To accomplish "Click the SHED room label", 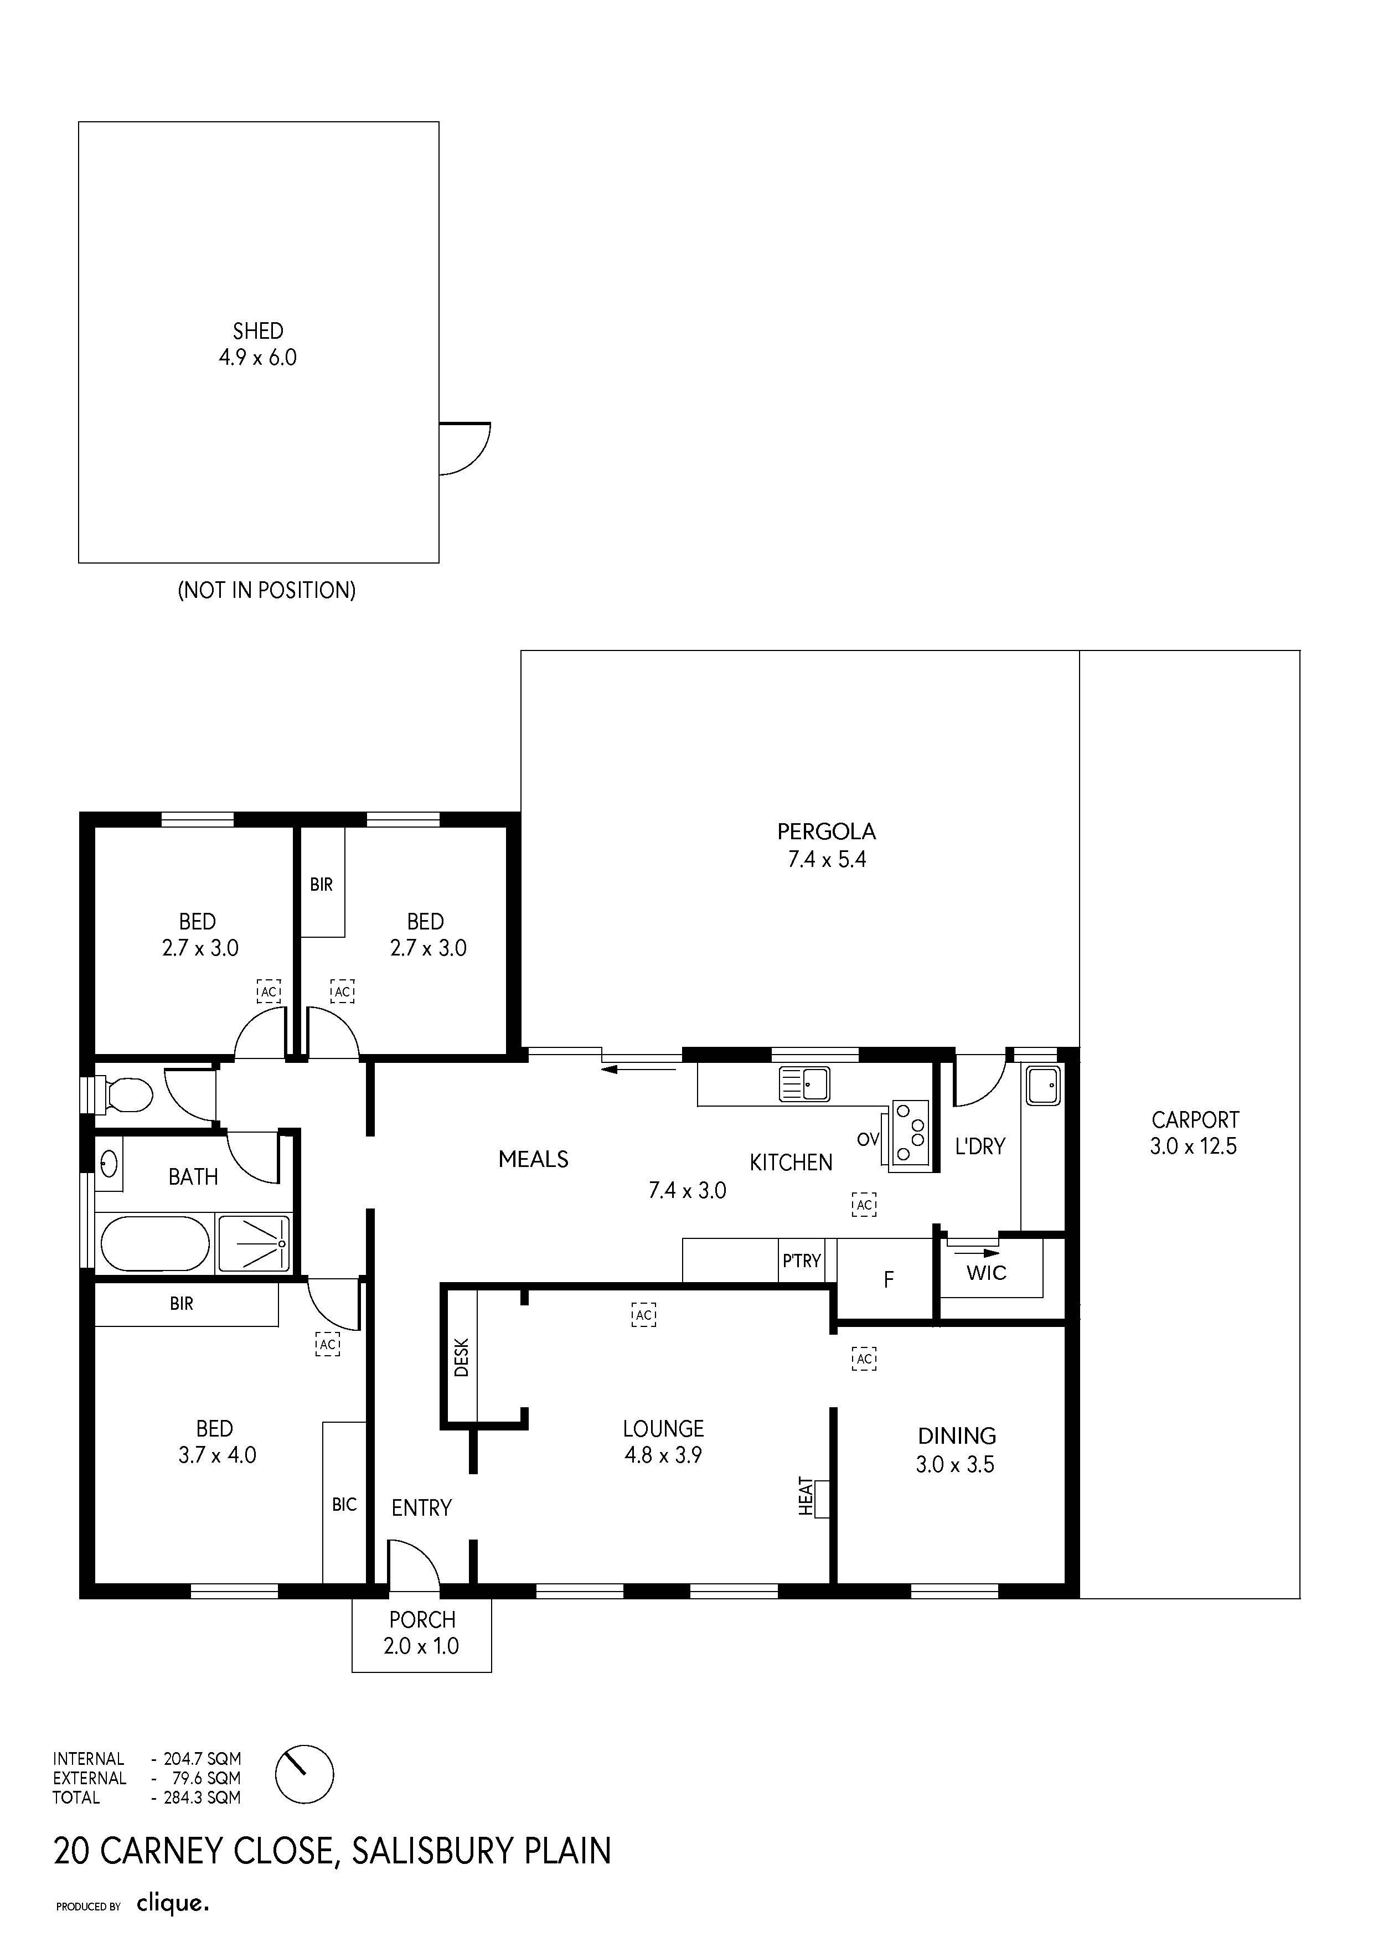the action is [x=258, y=330].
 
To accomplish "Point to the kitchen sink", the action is [x=804, y=1084].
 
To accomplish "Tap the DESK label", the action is [x=461, y=1357].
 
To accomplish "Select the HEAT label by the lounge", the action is [x=806, y=1496].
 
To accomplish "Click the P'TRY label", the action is [x=801, y=1261].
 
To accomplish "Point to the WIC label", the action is [x=987, y=1273].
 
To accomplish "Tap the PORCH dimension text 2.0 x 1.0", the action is [x=421, y=1646].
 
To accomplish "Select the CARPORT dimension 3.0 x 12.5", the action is [x=1193, y=1146].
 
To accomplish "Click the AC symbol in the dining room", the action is [x=864, y=1359].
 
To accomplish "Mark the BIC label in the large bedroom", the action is [x=344, y=1505].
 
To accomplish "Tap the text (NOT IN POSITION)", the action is [x=266, y=590].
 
